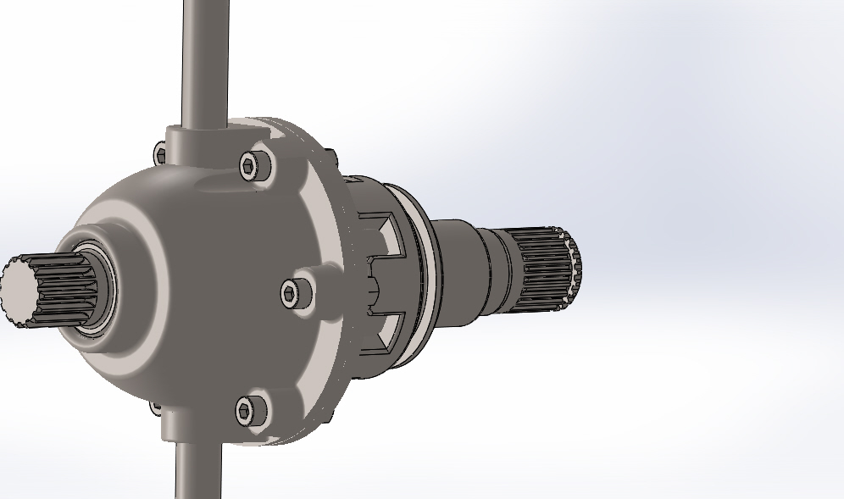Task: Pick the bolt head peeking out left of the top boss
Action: click(160, 154)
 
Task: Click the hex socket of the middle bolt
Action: click(292, 294)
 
